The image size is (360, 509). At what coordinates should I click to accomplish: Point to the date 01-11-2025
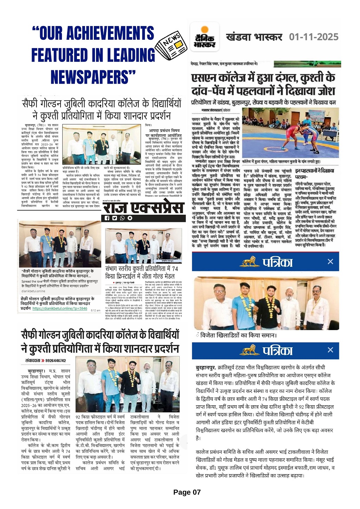pos(314,37)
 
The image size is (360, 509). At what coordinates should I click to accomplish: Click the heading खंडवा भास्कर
pos(254,37)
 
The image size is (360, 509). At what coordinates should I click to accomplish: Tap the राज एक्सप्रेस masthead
pos(143,207)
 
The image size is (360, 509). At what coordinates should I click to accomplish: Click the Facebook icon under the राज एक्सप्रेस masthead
pos(107,218)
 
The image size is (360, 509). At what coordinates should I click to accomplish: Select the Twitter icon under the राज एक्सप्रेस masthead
pos(115,218)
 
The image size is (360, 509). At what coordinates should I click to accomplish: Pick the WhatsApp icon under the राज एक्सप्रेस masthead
pos(122,218)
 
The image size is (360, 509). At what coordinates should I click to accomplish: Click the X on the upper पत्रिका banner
pos(330,262)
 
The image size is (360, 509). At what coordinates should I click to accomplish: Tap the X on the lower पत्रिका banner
pos(330,350)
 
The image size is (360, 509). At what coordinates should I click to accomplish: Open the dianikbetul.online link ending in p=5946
pos(60,308)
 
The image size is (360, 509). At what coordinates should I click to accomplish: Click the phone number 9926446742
pos(56,361)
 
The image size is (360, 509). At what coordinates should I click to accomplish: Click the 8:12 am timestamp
pos(95,310)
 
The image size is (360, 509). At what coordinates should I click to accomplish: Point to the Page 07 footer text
pos(187,492)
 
